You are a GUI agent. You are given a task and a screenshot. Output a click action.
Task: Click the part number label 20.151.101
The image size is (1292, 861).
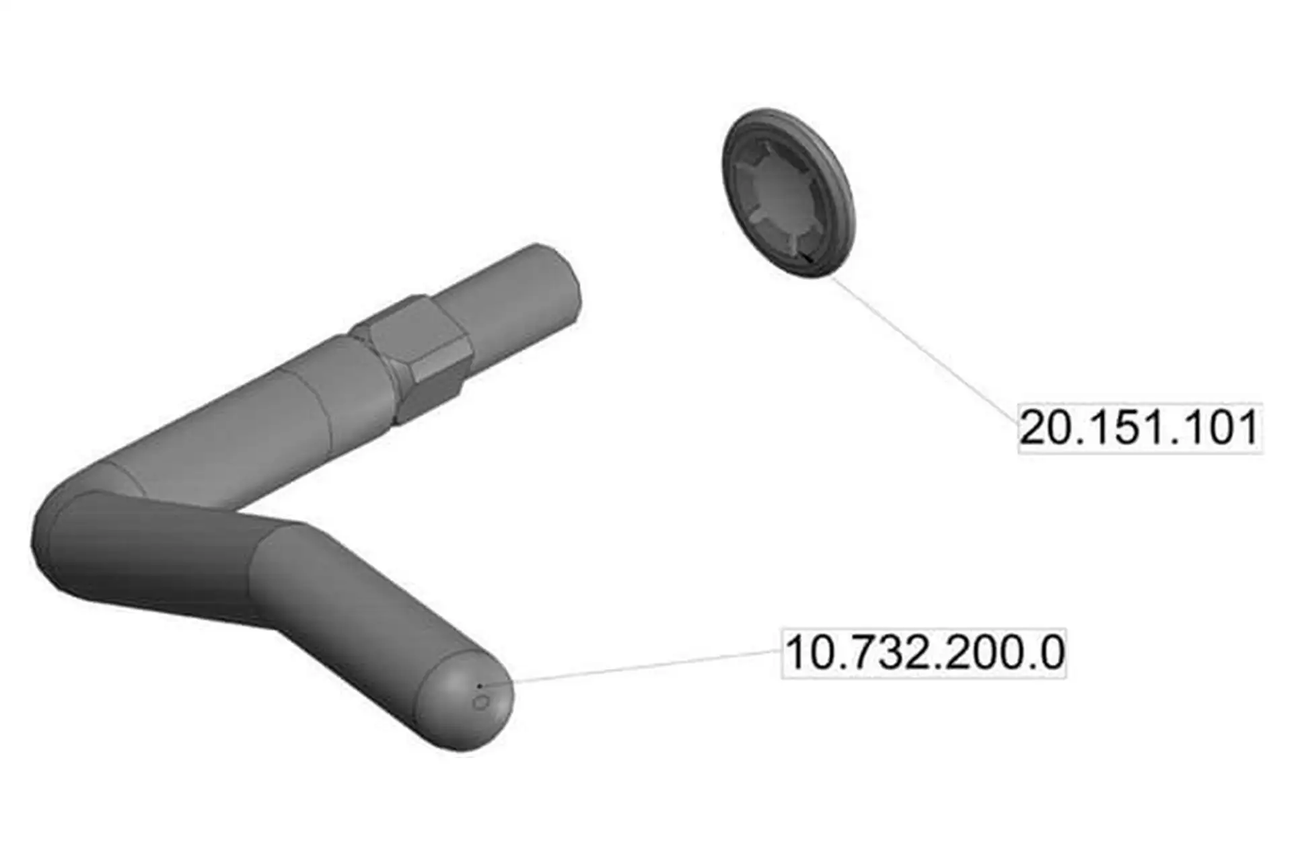coord(1139,428)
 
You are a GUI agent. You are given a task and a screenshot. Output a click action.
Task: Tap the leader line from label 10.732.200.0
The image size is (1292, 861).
coord(630,668)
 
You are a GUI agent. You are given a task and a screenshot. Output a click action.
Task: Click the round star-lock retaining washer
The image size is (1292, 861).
coord(789,192)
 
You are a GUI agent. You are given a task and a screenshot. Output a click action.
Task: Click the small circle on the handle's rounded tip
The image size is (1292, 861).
coord(481,703)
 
